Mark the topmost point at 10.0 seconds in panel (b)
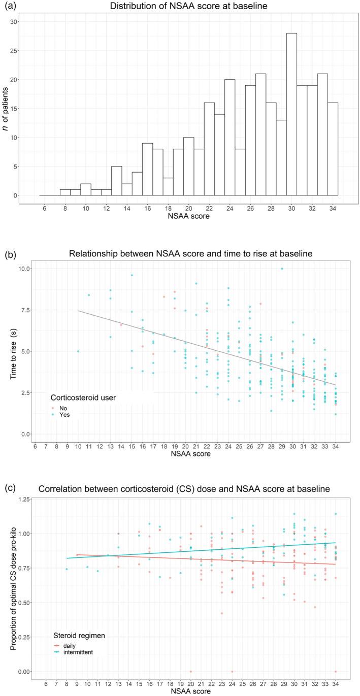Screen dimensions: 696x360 (282, 269)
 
